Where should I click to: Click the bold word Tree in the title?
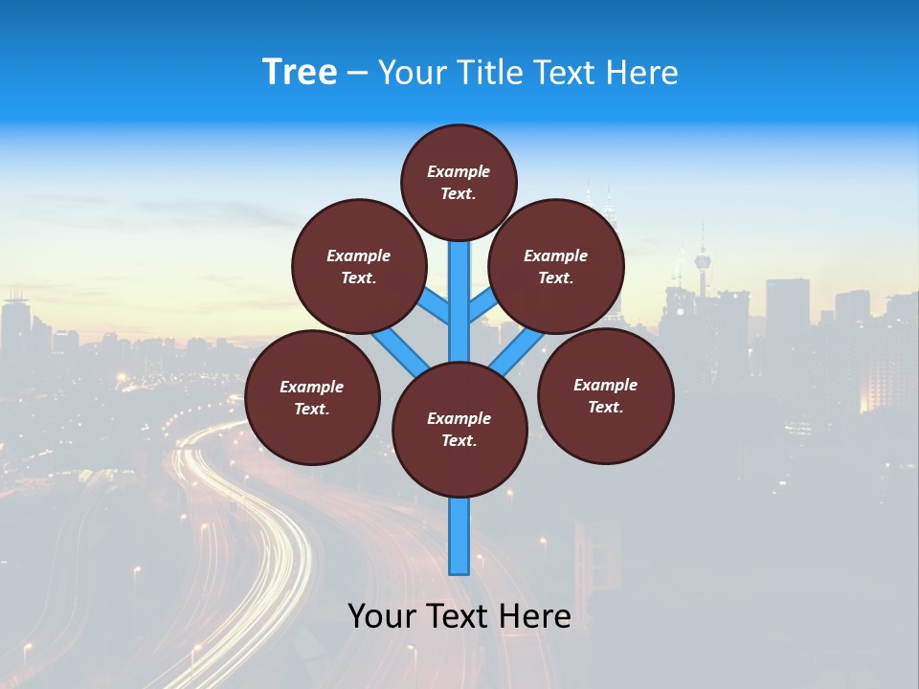(300, 73)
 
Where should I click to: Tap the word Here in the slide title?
(642, 73)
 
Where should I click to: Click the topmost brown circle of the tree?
(459, 182)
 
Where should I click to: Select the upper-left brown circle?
(358, 266)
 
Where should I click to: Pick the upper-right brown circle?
(556, 266)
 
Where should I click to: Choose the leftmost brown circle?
(312, 397)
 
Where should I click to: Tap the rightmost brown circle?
(605, 395)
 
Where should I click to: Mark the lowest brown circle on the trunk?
(459, 429)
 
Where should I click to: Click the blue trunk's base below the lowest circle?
(459, 536)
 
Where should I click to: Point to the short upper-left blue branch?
(434, 307)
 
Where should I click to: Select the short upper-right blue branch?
(483, 305)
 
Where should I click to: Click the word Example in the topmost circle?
(459, 171)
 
